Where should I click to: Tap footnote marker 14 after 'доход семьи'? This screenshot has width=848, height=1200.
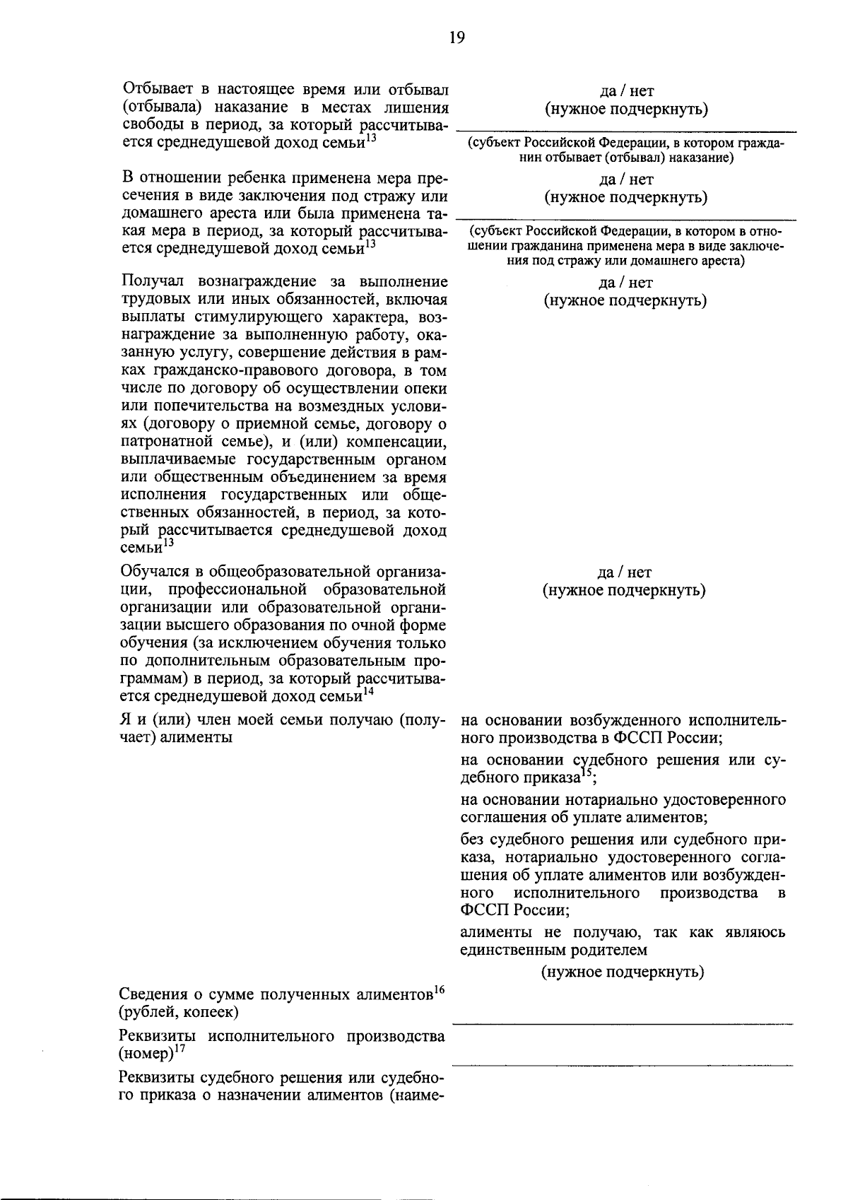369,693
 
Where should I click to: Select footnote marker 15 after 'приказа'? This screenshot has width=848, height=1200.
587,774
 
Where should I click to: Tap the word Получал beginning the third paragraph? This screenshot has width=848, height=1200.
151,282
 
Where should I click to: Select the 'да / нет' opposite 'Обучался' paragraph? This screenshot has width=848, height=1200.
625,572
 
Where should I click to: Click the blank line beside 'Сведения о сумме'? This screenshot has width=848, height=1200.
622,1022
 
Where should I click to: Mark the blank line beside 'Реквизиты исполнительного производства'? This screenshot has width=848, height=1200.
622,1064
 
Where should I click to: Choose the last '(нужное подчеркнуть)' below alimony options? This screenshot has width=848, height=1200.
623,972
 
